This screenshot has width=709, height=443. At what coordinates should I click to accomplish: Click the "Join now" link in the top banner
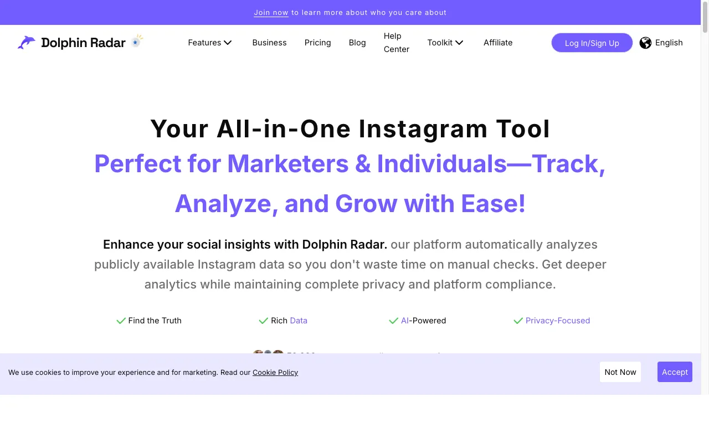271,12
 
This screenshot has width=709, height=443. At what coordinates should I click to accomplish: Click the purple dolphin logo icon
27,43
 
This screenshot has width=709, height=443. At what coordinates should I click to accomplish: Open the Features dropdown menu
210,43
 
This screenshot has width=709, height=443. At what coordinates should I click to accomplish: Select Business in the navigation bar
269,43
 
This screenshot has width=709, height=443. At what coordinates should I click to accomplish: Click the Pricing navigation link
317,43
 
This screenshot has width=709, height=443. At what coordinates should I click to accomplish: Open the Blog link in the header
357,43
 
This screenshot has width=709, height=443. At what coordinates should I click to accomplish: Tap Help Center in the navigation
396,43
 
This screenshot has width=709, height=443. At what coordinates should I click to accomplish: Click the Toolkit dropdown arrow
459,43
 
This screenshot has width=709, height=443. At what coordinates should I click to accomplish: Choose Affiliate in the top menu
498,43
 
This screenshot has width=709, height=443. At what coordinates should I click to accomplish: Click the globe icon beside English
645,43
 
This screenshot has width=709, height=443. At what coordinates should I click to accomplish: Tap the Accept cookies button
675,372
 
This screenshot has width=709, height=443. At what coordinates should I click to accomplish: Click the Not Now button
620,372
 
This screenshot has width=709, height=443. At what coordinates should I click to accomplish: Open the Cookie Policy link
275,372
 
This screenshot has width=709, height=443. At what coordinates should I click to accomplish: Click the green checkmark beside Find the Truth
121,321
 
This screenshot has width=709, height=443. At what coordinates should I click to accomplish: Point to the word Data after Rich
299,321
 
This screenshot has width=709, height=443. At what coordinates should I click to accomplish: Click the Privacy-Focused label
557,321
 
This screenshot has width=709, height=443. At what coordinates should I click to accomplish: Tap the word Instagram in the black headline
423,129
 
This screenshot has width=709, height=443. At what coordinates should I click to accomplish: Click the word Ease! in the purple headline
493,204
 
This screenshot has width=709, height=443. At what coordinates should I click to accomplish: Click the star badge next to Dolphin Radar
136,42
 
